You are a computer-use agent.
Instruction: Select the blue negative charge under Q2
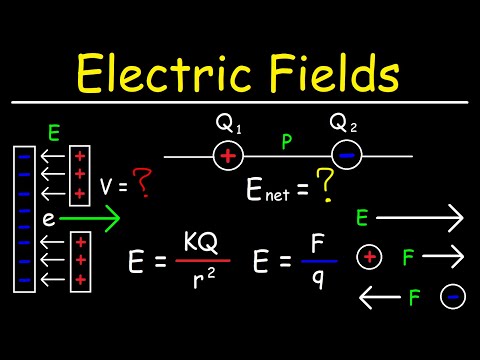pyautogui.click(x=347, y=156)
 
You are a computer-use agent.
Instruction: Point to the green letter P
pyautogui.click(x=286, y=143)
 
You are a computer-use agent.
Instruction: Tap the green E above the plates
pyautogui.click(x=55, y=131)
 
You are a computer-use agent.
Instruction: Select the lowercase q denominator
pyautogui.click(x=317, y=281)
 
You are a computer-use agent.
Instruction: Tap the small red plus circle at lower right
pyautogui.click(x=370, y=258)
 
